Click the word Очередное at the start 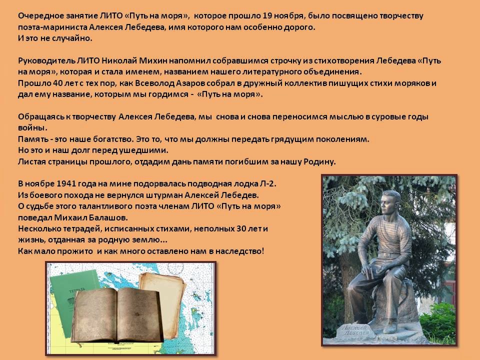pyautogui.click(x=39, y=16)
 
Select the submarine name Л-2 pyautogui.click(x=268, y=183)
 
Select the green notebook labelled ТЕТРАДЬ pyautogui.click(x=70, y=295)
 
